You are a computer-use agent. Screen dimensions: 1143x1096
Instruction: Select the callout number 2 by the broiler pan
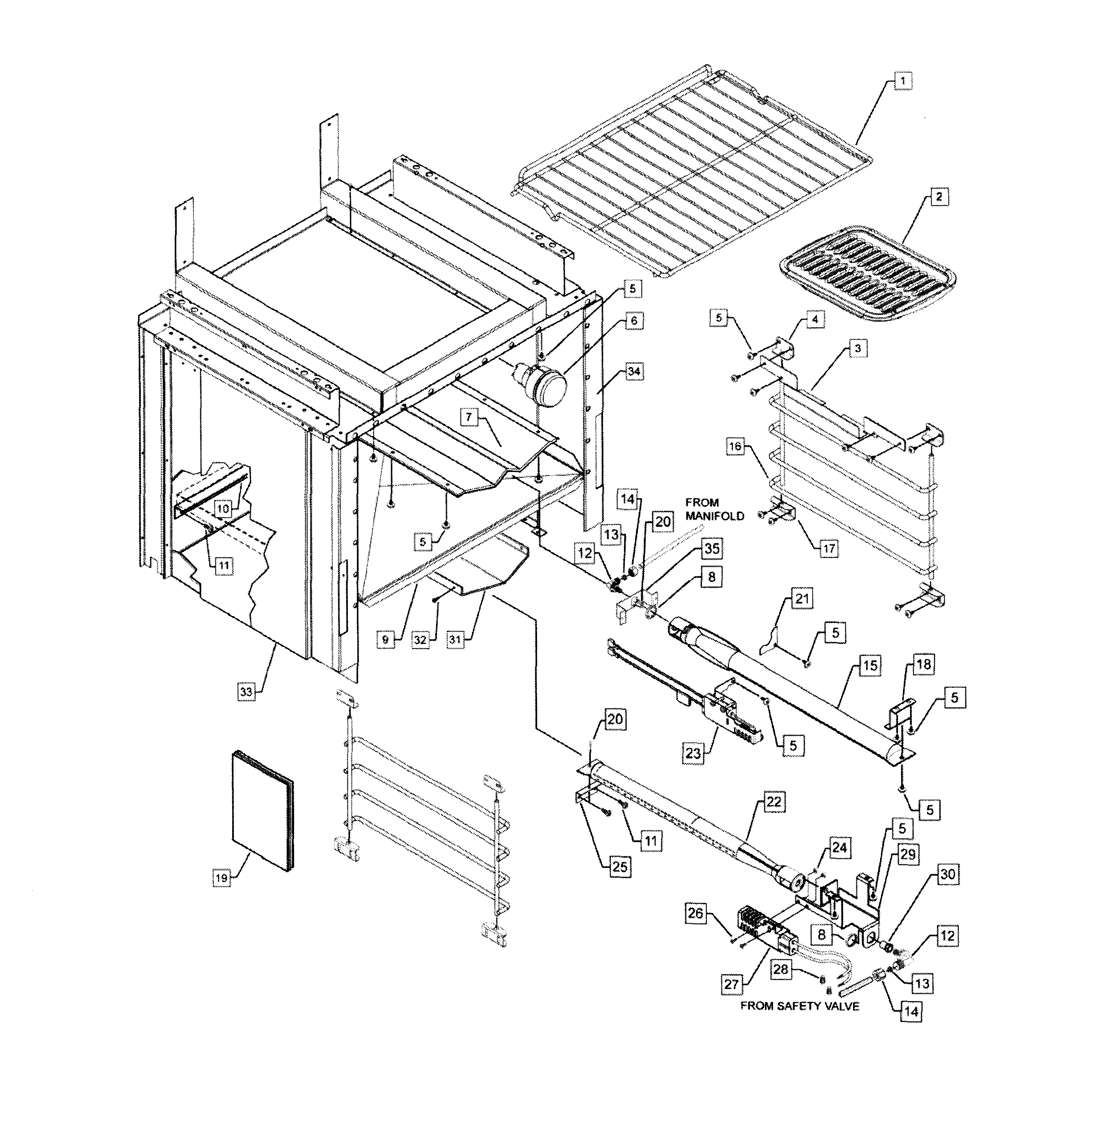[939, 197]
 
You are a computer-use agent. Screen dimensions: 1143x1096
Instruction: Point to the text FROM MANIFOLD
[714, 509]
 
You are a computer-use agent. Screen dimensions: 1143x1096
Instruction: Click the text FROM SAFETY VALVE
[800, 1006]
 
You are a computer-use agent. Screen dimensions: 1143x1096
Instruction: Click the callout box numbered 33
[246, 692]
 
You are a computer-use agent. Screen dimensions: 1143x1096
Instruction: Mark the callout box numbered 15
[869, 665]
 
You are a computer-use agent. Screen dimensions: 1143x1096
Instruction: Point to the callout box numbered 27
[731, 984]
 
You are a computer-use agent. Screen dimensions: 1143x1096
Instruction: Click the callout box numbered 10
[223, 509]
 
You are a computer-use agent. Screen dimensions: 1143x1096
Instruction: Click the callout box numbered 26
[695, 913]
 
